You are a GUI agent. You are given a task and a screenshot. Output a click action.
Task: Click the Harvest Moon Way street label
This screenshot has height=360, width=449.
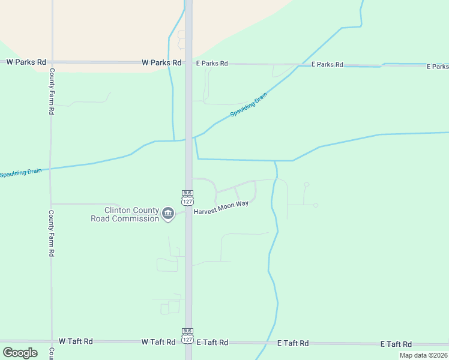coord(221,204)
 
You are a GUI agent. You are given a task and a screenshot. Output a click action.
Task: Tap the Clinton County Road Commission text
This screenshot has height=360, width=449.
coord(125,214)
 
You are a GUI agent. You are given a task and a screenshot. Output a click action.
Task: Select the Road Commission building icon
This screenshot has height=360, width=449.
coord(168,213)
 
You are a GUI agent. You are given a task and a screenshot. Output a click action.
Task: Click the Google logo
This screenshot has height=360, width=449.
coord(20,353)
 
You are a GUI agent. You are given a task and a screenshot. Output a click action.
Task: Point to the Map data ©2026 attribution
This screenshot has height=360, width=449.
coord(423,355)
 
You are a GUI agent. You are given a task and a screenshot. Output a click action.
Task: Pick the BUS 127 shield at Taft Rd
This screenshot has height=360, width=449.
coord(188,336)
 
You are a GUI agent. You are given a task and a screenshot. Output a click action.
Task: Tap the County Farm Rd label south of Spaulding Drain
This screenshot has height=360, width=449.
coord(52,233)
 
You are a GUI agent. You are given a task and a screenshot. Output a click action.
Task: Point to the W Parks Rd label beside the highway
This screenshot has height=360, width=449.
coord(161,62)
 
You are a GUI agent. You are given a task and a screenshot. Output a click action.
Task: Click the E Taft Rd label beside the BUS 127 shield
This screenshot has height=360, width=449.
coord(212,342)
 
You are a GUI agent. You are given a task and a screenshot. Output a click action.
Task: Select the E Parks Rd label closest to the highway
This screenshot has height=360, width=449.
coord(212,63)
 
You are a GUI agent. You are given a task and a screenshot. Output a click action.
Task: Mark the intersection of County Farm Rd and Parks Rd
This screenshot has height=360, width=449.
coord(52,62)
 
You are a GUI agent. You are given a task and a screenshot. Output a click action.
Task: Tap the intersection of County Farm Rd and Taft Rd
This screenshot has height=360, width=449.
coord(52,341)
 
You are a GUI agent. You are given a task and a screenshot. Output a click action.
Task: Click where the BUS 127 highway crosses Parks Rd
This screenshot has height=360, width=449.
coord(188,62)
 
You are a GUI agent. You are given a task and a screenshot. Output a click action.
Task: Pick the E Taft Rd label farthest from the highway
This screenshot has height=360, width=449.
coord(396,344)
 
